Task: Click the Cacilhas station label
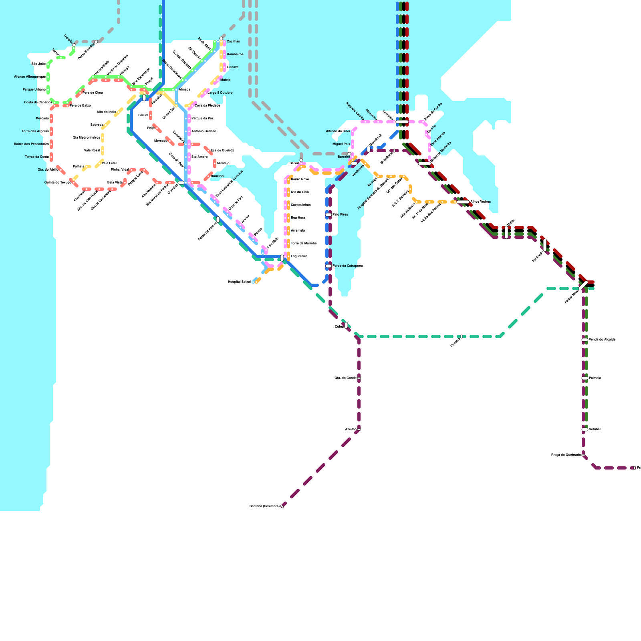tap(233, 42)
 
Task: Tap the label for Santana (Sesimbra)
tap(264, 506)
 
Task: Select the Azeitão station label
tap(351, 429)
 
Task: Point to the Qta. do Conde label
tap(345, 378)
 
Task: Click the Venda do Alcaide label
tap(602, 339)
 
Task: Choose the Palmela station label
tap(595, 378)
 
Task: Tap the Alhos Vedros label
tap(480, 202)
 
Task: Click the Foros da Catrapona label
tap(347, 266)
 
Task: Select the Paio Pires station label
tap(340, 214)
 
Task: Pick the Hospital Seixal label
tap(239, 282)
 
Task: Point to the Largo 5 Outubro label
tap(220, 93)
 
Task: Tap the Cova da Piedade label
tap(207, 105)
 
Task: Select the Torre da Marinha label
tap(303, 243)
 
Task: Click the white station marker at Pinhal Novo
tap(583, 285)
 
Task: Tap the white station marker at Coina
tap(346, 325)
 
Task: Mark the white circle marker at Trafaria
tap(74, 45)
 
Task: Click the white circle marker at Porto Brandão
tap(96, 42)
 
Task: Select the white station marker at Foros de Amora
tap(218, 220)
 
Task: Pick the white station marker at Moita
tap(506, 232)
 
